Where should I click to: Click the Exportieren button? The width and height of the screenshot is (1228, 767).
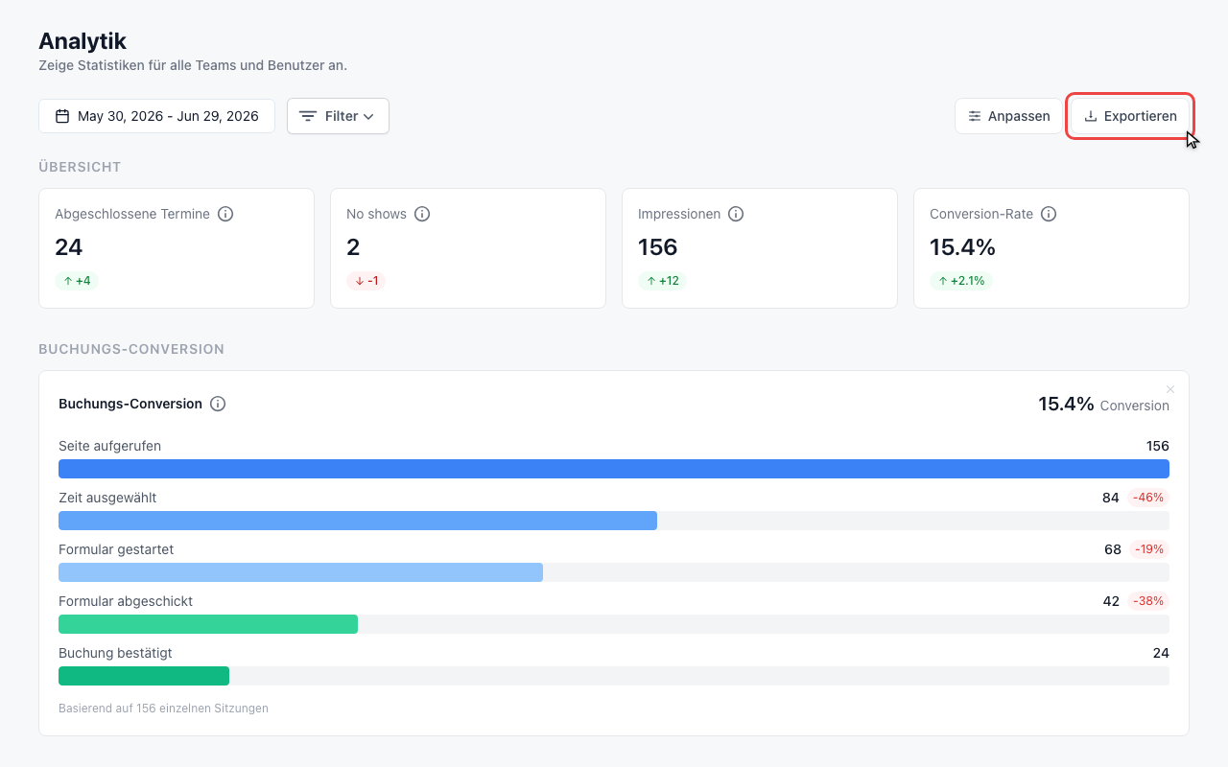pyautogui.click(x=1130, y=116)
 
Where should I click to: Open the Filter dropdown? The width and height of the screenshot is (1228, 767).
pyautogui.click(x=338, y=116)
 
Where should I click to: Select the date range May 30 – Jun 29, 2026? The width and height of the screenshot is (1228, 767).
pyautogui.click(x=156, y=116)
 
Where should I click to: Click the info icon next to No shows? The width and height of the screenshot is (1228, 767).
pyautogui.click(x=421, y=214)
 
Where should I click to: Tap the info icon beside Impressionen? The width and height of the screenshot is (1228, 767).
pyautogui.click(x=736, y=214)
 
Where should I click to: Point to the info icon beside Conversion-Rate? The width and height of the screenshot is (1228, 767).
pyautogui.click(x=1049, y=214)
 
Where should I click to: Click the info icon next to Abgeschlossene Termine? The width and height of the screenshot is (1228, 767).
pyautogui.click(x=225, y=214)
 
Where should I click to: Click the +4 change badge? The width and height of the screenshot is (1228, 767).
pyautogui.click(x=77, y=281)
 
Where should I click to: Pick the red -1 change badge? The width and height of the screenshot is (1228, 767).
pyautogui.click(x=366, y=281)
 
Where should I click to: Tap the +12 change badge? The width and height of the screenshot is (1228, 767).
pyautogui.click(x=662, y=281)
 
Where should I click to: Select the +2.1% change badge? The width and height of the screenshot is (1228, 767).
pyautogui.click(x=961, y=281)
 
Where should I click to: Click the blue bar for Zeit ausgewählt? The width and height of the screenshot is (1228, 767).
pyautogui.click(x=358, y=521)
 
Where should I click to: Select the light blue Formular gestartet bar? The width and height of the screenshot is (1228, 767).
pyautogui.click(x=300, y=572)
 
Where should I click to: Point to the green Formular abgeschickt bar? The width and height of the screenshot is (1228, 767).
pyautogui.click(x=208, y=624)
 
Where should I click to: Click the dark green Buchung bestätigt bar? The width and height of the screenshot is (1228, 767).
pyautogui.click(x=144, y=676)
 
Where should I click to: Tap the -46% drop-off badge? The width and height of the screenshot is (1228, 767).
pyautogui.click(x=1148, y=498)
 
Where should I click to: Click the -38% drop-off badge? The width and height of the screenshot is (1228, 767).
pyautogui.click(x=1148, y=601)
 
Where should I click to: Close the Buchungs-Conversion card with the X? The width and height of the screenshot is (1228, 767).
pyautogui.click(x=1170, y=389)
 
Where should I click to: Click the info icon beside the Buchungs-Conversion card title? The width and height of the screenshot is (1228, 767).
pyautogui.click(x=218, y=404)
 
